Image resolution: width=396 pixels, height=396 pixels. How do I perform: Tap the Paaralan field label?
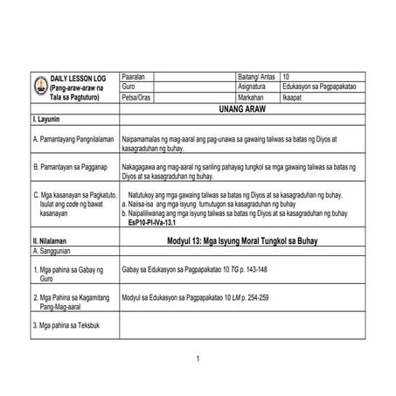tap(137, 78)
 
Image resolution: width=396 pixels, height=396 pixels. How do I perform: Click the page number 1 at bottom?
tap(198, 359)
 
